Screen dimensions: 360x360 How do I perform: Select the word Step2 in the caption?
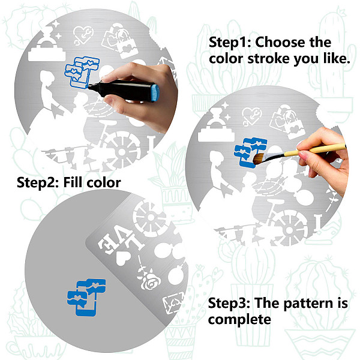point(37,183)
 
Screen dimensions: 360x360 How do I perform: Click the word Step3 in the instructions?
point(229,303)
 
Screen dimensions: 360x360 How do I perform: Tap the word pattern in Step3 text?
point(308,303)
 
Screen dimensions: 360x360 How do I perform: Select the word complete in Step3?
point(239,320)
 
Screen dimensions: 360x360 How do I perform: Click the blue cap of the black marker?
point(155,93)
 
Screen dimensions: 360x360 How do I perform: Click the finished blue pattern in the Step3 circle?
point(86,297)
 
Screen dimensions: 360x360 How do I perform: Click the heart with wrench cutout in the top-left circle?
point(83,35)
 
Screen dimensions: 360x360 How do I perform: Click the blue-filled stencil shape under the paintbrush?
point(249,152)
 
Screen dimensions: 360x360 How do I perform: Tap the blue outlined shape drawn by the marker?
point(82,71)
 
